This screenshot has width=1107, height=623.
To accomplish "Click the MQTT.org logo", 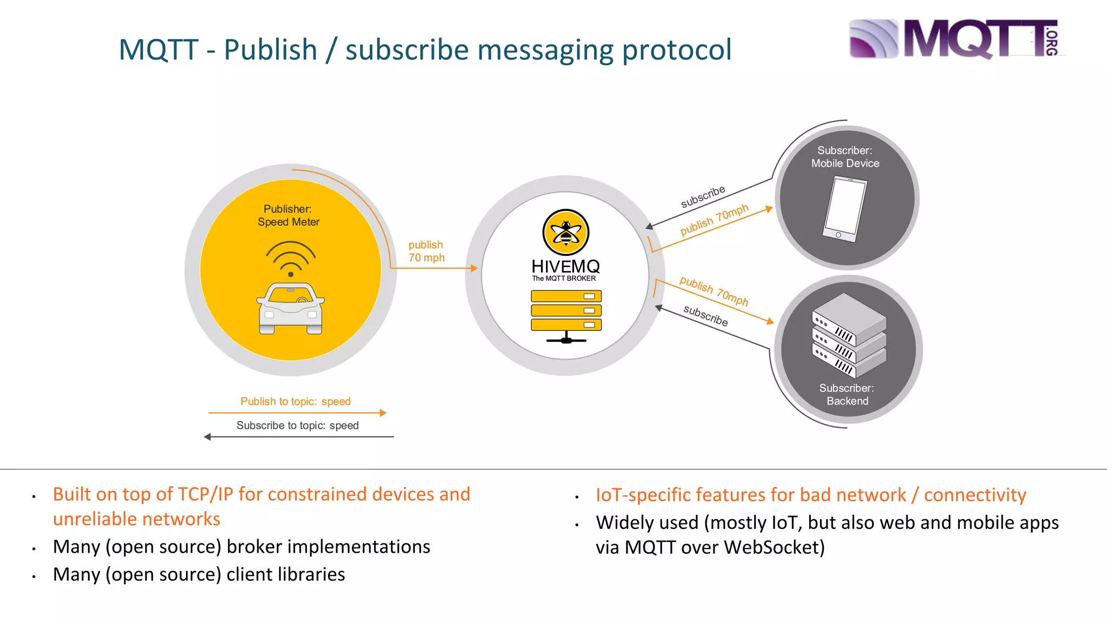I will (954, 38).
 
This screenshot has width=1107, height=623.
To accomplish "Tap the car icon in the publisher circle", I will (291, 308).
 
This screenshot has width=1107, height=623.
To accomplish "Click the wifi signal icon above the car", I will (291, 259).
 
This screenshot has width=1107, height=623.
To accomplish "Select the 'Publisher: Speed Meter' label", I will (289, 215).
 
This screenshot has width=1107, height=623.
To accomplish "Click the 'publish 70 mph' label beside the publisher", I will (426, 251).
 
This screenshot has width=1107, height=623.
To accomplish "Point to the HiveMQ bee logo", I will (565, 233).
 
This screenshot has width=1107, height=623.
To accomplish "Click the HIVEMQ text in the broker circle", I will (565, 266).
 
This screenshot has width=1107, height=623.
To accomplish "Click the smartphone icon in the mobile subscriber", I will (844, 210).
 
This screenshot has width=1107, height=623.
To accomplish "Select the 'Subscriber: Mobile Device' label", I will (845, 157).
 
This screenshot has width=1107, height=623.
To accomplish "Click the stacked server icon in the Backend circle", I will (849, 335).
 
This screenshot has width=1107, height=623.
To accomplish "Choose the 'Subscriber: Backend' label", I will (847, 394).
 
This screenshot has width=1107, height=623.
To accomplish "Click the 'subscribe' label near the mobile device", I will (703, 197).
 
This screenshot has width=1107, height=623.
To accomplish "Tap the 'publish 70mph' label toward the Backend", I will (713, 291).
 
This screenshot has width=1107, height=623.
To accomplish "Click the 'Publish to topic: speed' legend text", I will (296, 401).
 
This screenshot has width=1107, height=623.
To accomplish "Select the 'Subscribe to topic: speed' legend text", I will (297, 426).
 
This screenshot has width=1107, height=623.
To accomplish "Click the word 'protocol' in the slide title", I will (677, 50).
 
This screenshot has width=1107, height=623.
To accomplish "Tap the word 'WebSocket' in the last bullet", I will (774, 547).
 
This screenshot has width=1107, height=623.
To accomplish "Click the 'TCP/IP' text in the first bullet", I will (205, 494).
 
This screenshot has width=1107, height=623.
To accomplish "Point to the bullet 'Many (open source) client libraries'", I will (199, 574).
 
